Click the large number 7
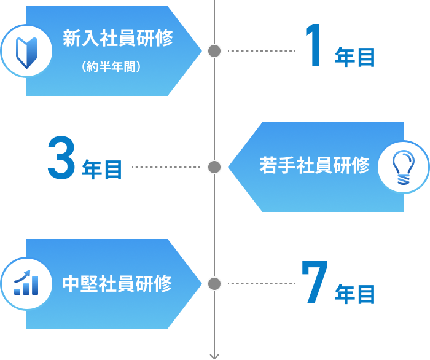click(315, 283)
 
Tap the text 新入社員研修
click(118, 39)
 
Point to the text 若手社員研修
click(315, 165)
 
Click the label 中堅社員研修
click(117, 284)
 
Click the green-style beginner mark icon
click(26, 50)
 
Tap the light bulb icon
click(403, 167)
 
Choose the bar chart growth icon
click(26, 284)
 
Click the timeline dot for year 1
click(214, 51)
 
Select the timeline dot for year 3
click(214, 167)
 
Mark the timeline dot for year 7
click(214, 284)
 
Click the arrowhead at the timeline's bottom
click(214, 355)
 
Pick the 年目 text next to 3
click(102, 170)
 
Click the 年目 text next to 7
click(354, 294)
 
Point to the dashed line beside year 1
click(261, 51)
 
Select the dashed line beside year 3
click(166, 167)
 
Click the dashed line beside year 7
click(261, 284)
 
